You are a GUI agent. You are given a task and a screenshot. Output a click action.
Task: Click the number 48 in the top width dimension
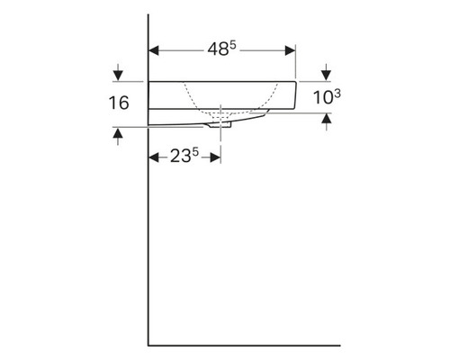[215, 51]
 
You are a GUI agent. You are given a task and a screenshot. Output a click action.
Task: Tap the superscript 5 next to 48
[232, 45]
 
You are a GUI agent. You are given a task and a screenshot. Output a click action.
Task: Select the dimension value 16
[118, 103]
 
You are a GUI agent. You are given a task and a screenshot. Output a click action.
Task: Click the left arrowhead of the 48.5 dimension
[153, 51]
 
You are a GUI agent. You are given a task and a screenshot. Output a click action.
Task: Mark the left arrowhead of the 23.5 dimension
[153, 157]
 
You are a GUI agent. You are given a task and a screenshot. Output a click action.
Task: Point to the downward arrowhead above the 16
[118, 76]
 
